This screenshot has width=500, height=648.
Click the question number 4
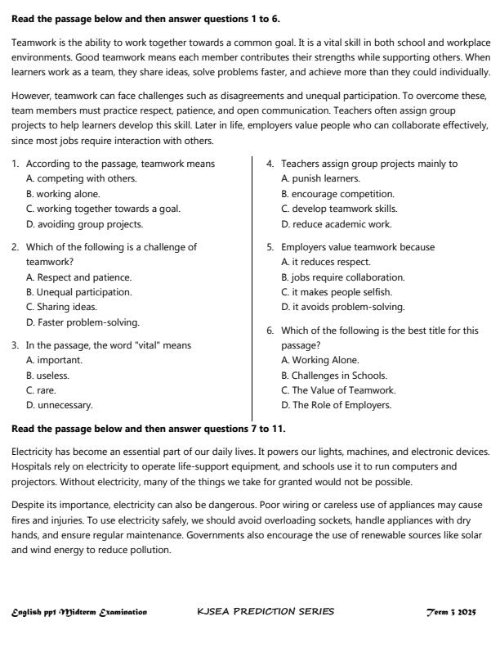click(270, 164)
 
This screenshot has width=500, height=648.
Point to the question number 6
click(270, 331)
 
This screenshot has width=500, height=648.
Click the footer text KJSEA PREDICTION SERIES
click(266, 611)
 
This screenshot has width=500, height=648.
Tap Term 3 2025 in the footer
click(451, 611)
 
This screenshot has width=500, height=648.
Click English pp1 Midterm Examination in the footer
click(79, 611)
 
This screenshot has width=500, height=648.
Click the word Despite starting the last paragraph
click(29, 505)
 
